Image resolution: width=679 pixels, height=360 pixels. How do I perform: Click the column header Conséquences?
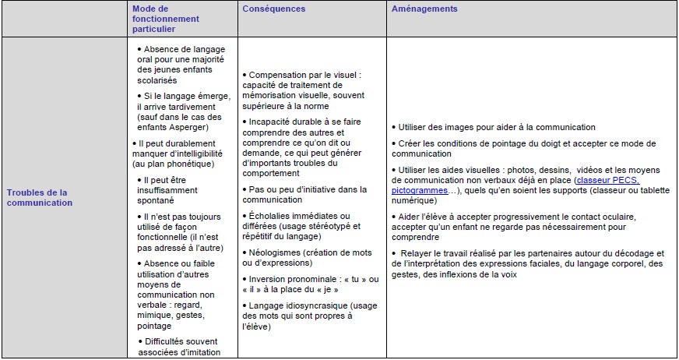(273, 9)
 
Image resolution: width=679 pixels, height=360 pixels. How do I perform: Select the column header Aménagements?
(425, 9)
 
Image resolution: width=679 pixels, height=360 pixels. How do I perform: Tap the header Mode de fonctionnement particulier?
(166, 19)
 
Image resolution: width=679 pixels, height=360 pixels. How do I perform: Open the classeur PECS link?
(607, 180)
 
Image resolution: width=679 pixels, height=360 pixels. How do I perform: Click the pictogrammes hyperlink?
(420, 190)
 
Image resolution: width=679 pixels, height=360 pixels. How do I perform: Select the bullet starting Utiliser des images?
(496, 127)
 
